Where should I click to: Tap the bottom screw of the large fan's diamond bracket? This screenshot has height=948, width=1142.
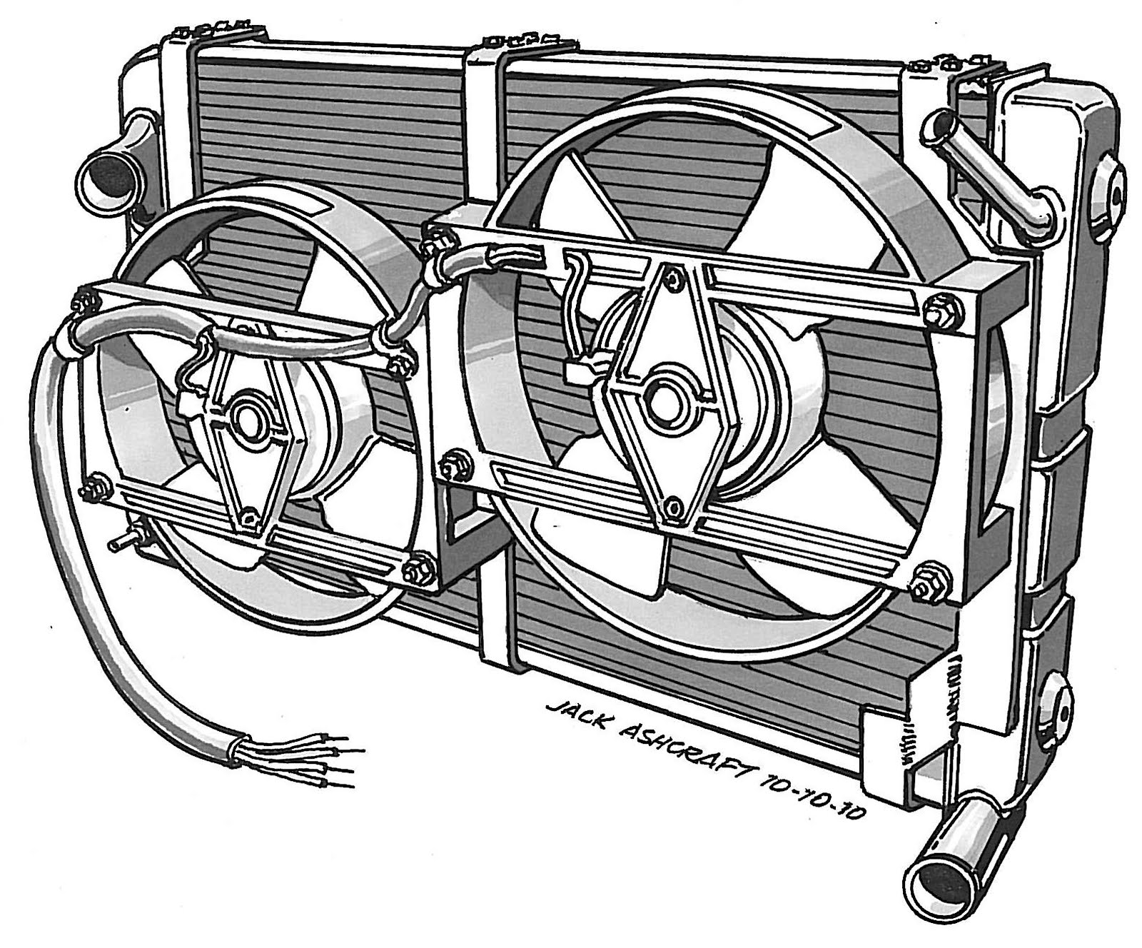click(672, 508)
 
